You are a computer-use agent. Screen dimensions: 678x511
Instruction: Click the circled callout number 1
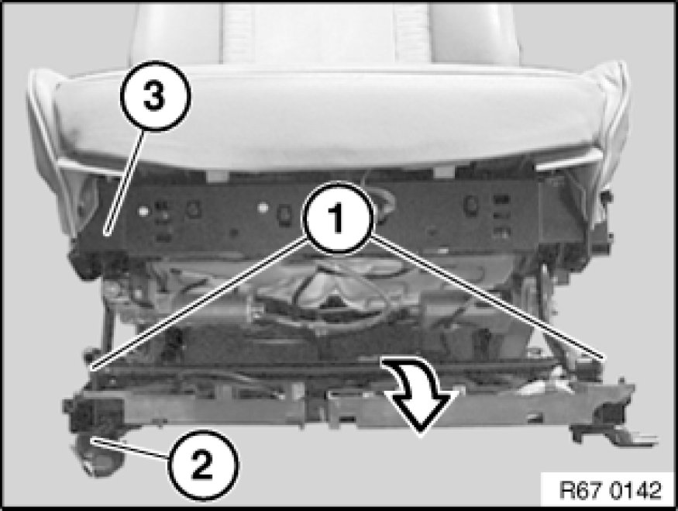pyautogui.click(x=338, y=218)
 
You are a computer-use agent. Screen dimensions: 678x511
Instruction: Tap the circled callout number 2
pyautogui.click(x=202, y=464)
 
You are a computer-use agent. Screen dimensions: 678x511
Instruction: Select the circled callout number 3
pyautogui.click(x=155, y=96)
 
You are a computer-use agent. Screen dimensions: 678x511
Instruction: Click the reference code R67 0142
pyautogui.click(x=610, y=490)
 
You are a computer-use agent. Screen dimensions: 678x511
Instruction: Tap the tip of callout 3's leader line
pyautogui.click(x=107, y=234)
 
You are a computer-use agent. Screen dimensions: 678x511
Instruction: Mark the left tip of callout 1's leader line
pyautogui.click(x=91, y=368)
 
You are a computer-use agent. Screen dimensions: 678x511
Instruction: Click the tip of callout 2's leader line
pyautogui.click(x=91, y=440)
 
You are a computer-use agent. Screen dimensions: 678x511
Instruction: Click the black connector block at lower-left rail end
pyautogui.click(x=93, y=413)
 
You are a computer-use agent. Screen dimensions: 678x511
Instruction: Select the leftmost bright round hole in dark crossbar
pyautogui.click(x=143, y=211)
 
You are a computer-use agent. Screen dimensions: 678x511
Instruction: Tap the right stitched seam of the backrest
pyautogui.click(x=411, y=33)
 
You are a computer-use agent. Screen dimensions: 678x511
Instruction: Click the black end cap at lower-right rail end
pyautogui.click(x=613, y=413)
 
